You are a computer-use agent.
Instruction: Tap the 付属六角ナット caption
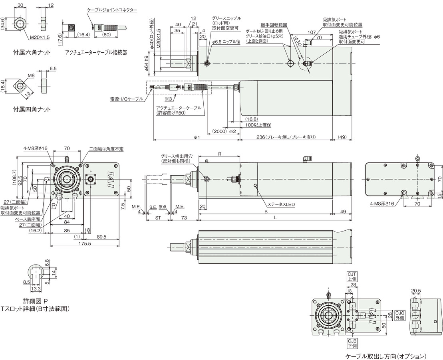click(x=32, y=52)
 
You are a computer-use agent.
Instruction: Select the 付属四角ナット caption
click(x=32, y=109)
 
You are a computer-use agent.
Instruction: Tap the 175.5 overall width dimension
click(x=85, y=244)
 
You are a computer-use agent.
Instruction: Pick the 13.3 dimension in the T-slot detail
click(x=35, y=289)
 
